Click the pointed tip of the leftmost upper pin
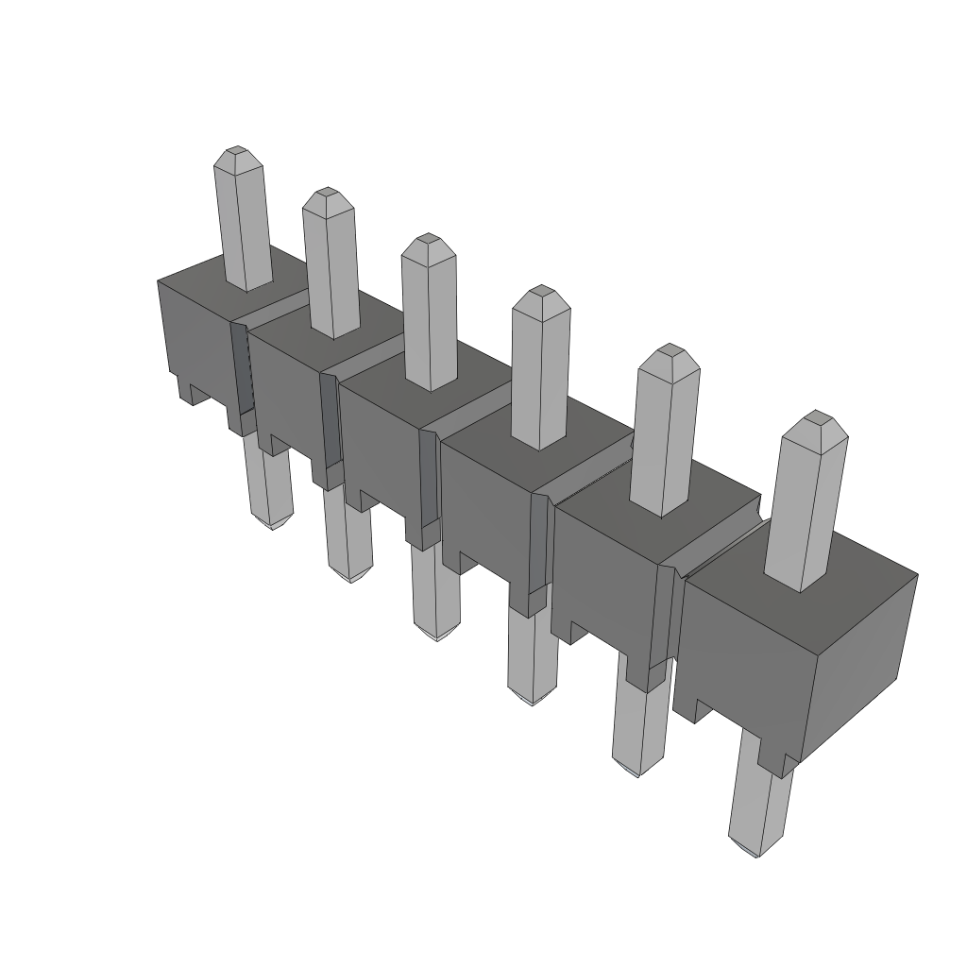pyautogui.click(x=235, y=153)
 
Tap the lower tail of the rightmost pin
pyautogui.click(x=762, y=803)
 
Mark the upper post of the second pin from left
pyautogui.click(x=331, y=269)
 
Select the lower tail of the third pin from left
pyautogui.click(x=436, y=590)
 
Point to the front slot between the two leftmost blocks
pyautogui.click(x=242, y=373)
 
